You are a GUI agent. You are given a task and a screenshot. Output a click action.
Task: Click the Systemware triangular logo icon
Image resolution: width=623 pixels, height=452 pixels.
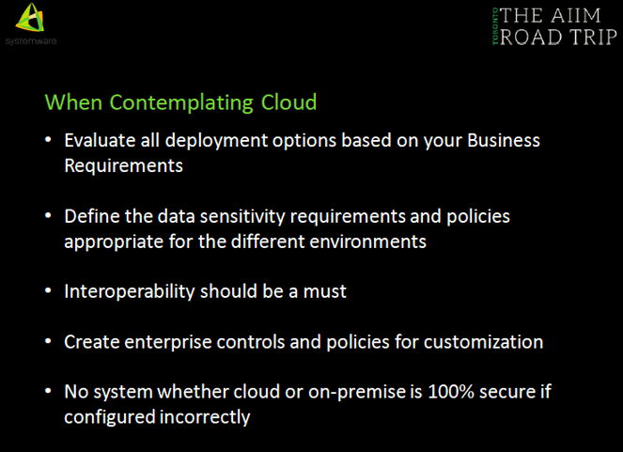click(x=30, y=18)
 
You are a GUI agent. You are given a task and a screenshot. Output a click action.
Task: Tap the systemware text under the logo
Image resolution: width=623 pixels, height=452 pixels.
click(x=31, y=41)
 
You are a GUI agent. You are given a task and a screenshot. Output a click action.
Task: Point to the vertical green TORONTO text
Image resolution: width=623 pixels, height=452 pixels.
click(x=495, y=26)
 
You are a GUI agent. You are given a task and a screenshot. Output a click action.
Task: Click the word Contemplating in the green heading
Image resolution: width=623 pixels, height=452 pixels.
click(x=181, y=103)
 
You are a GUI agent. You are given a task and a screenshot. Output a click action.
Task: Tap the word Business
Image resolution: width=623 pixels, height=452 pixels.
click(x=504, y=140)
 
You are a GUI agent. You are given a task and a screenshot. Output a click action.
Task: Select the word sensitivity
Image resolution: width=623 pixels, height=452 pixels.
click(x=242, y=217)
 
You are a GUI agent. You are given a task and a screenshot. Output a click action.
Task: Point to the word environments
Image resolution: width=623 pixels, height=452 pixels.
click(x=368, y=242)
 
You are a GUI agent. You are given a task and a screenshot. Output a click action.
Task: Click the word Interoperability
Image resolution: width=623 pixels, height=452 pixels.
click(x=130, y=292)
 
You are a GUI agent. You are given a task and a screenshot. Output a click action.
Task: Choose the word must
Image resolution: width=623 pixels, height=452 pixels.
click(x=324, y=292)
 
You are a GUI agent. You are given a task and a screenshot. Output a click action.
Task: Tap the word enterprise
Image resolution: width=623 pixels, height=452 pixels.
click(x=168, y=343)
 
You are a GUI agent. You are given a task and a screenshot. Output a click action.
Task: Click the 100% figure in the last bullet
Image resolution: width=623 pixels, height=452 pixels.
click(x=451, y=392)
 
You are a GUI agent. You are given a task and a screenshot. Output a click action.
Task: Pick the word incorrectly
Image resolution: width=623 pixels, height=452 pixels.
click(x=205, y=418)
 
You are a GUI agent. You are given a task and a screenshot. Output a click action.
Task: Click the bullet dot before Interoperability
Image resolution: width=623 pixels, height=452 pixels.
click(x=48, y=290)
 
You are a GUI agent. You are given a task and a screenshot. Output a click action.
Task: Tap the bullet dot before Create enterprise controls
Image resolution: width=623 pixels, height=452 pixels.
click(x=48, y=341)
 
